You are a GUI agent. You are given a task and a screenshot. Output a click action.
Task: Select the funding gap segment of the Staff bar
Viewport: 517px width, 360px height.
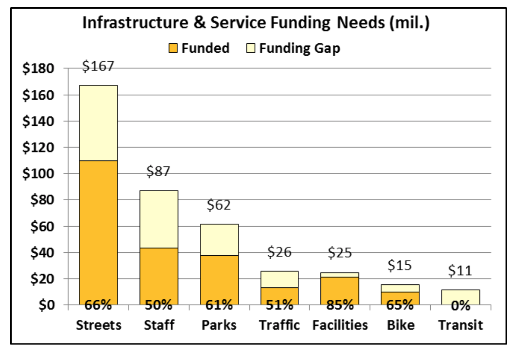point(159,219)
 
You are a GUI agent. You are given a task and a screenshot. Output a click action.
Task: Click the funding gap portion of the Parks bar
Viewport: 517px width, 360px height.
point(219,239)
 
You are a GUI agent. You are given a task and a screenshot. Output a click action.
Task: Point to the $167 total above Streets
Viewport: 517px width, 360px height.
point(98,66)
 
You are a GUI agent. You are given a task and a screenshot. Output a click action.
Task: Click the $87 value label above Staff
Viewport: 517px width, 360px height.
point(158,171)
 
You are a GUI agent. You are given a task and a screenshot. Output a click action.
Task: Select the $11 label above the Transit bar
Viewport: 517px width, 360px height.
point(460,270)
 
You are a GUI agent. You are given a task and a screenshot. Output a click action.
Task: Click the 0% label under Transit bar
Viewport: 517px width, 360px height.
point(460,305)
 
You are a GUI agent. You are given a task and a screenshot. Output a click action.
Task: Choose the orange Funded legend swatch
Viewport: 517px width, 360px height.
point(173,48)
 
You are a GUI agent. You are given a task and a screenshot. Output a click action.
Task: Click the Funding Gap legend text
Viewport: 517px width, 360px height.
point(300,48)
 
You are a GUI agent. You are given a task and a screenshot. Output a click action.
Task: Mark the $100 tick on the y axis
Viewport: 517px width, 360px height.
point(38,174)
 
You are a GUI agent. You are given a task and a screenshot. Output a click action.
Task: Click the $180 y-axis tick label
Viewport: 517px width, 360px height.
point(38,69)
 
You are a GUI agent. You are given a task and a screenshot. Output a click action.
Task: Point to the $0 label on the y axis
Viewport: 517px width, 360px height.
point(46,305)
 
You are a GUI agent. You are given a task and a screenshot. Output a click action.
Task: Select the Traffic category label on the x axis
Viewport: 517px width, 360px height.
point(279,325)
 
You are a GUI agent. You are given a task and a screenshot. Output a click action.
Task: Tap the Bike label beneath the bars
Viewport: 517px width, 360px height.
point(401,325)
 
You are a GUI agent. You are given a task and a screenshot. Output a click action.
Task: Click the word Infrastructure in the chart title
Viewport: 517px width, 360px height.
point(135,23)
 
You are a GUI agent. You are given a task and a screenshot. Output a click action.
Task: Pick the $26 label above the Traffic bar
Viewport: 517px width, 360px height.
point(279,252)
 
